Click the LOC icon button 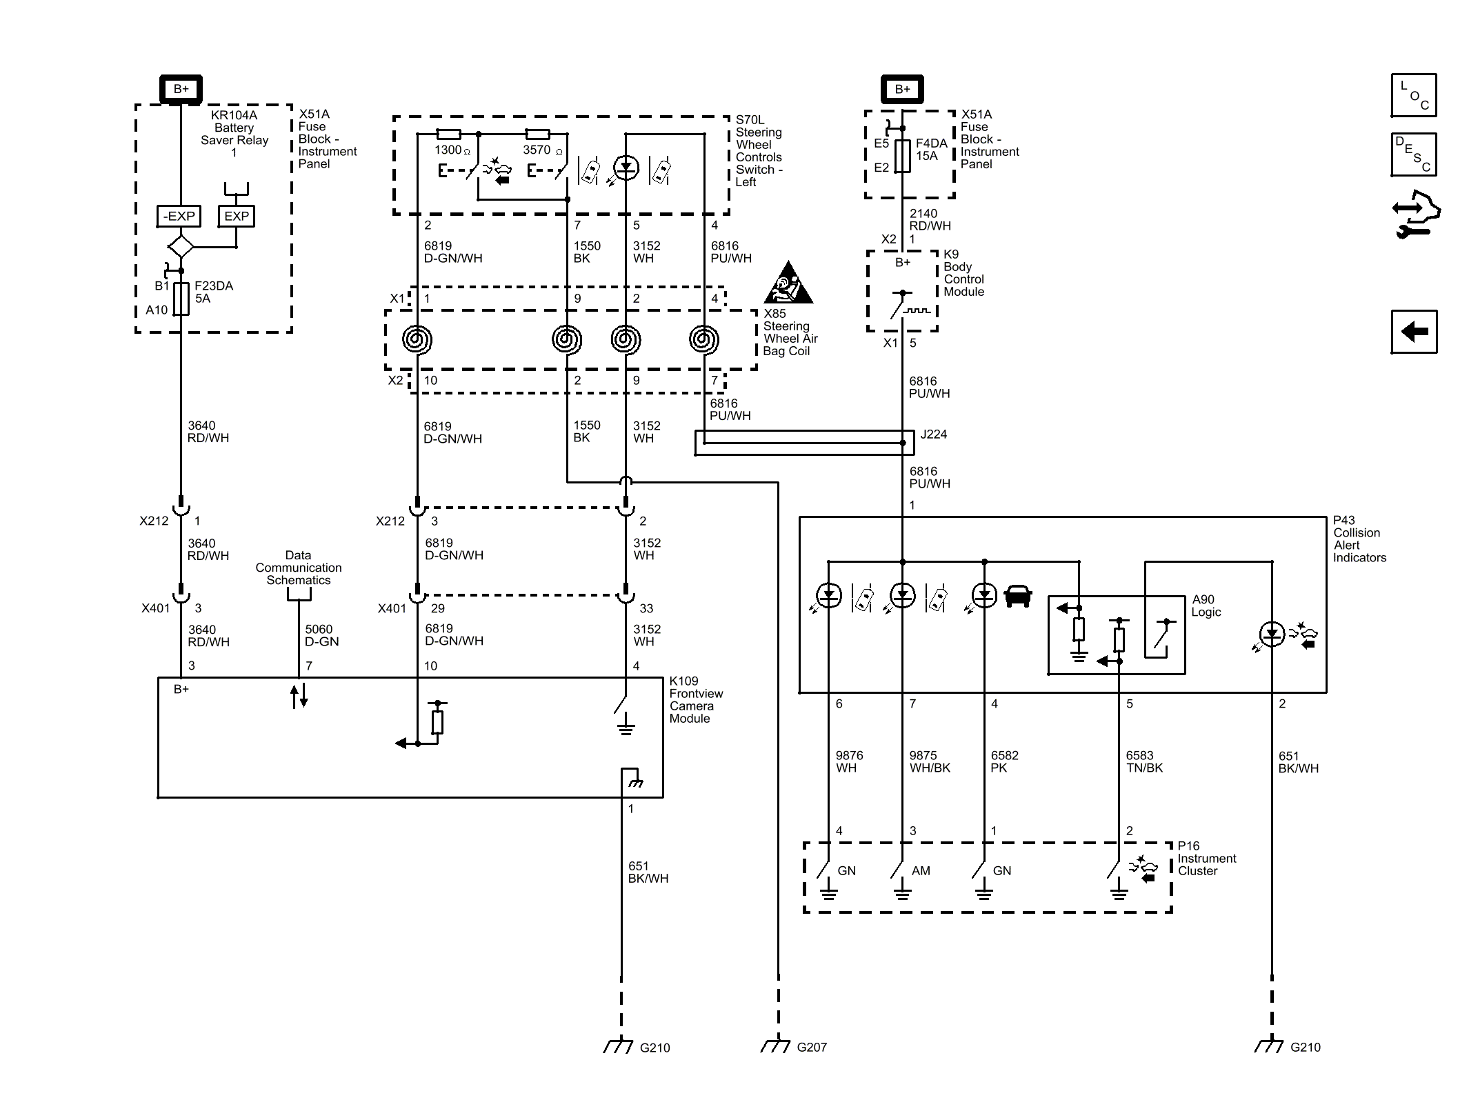click(1413, 95)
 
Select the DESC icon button click(1413, 154)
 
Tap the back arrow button click(1413, 332)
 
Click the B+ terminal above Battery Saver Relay click(181, 89)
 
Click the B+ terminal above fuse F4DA click(902, 89)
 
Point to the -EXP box click(179, 216)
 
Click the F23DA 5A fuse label click(213, 292)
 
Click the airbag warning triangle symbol click(788, 284)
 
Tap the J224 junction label click(933, 434)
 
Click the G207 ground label click(811, 1047)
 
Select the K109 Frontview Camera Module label click(695, 699)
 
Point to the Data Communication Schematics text click(298, 568)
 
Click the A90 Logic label click(1206, 606)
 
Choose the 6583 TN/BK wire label click(1143, 761)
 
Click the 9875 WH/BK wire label click(929, 761)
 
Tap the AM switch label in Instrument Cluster click(920, 871)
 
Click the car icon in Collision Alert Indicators click(1018, 596)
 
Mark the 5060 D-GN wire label click(321, 635)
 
